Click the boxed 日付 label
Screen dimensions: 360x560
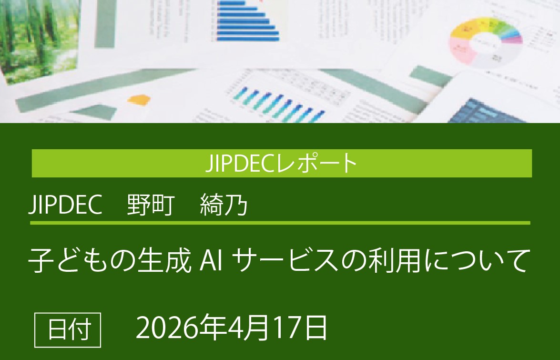[68, 329]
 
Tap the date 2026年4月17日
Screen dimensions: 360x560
[232, 329]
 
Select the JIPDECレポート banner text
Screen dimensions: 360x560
[282, 164]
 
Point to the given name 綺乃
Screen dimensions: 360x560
[224, 206]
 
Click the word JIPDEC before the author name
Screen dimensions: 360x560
[66, 206]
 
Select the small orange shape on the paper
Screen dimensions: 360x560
[139, 100]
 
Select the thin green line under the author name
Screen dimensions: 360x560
[280, 223]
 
